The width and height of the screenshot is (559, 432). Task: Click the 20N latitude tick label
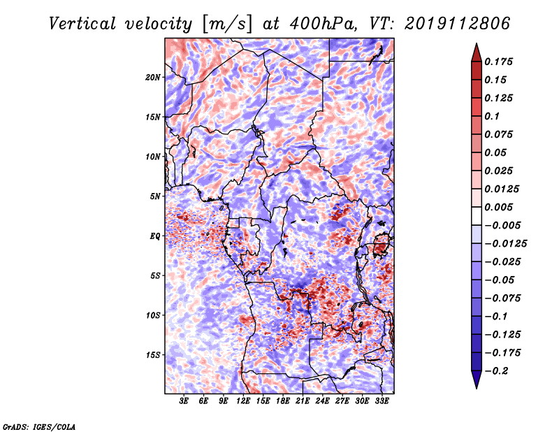152,78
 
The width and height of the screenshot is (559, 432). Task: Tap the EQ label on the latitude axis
155,236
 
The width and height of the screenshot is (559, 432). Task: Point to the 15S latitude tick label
152,355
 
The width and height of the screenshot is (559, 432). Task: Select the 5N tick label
155,196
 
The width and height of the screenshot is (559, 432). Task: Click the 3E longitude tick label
184,401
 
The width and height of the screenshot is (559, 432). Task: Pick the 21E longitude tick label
303,401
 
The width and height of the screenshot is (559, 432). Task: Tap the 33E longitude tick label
382,401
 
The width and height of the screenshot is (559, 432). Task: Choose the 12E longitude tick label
243,401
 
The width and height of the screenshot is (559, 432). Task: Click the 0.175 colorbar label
498,62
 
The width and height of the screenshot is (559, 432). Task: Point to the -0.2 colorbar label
496,371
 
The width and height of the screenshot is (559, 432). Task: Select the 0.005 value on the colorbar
498,207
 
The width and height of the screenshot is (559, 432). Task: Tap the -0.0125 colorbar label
505,244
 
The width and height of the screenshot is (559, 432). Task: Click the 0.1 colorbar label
492,116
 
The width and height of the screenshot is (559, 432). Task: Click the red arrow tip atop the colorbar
477,43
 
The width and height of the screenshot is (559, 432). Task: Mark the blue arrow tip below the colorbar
477,388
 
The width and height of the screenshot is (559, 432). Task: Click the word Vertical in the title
82,24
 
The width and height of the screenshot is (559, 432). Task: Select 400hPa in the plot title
324,24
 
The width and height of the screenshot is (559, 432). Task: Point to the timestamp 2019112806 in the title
458,24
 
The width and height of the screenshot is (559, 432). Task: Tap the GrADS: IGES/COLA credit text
39,427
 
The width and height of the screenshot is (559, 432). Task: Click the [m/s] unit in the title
227,24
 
